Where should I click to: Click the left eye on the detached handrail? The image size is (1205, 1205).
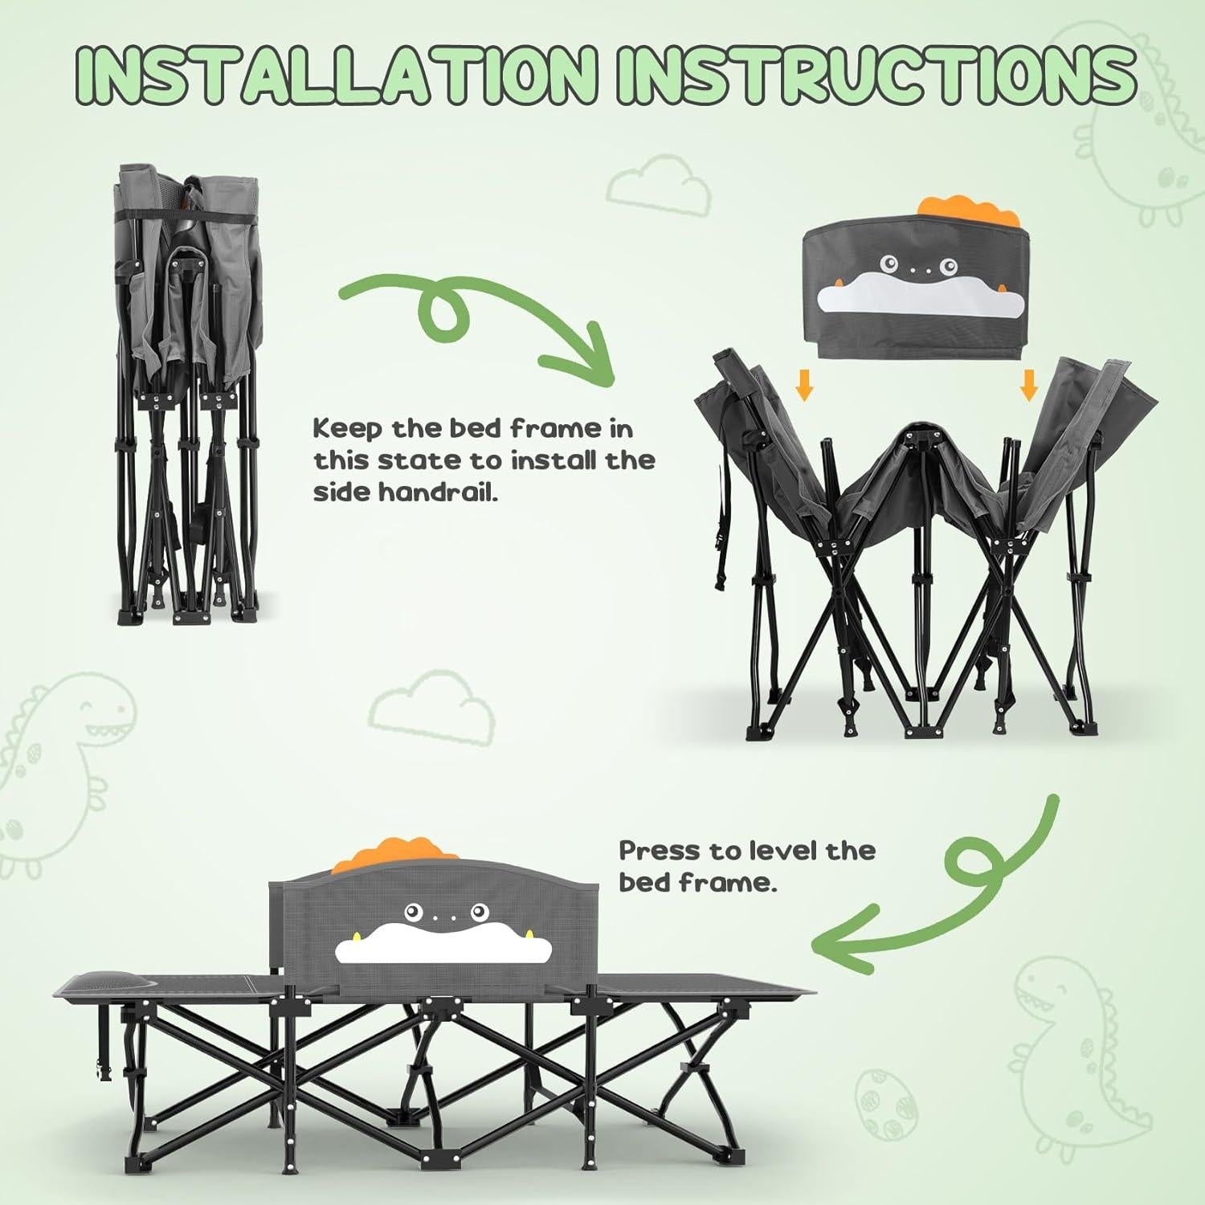click(x=888, y=263)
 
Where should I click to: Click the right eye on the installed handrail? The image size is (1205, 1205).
click(x=481, y=911)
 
